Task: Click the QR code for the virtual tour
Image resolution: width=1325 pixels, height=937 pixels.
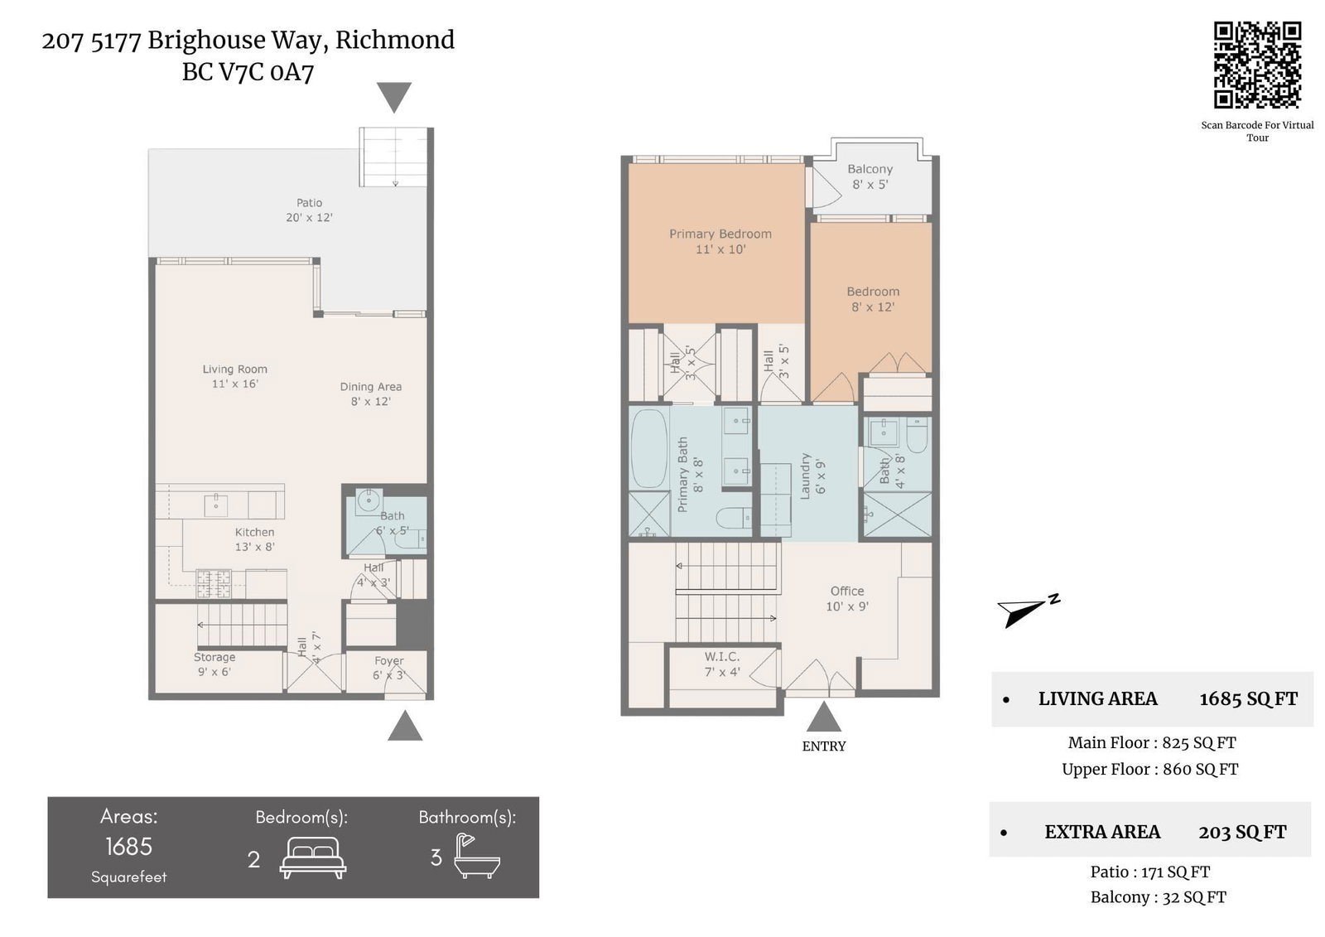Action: click(x=1257, y=65)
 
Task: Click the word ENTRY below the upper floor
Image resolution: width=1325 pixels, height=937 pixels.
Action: click(x=823, y=746)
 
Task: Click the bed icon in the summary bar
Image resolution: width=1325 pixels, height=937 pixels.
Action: click(x=313, y=857)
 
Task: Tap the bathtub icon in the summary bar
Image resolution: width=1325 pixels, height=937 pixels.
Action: click(x=477, y=856)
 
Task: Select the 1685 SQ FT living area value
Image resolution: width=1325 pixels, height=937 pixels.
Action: click(x=1248, y=699)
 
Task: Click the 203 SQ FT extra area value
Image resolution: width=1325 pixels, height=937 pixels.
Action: click(x=1242, y=833)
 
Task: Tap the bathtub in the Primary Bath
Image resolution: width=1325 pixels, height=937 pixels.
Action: click(x=649, y=448)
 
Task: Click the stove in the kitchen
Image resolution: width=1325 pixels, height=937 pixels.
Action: click(x=214, y=583)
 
